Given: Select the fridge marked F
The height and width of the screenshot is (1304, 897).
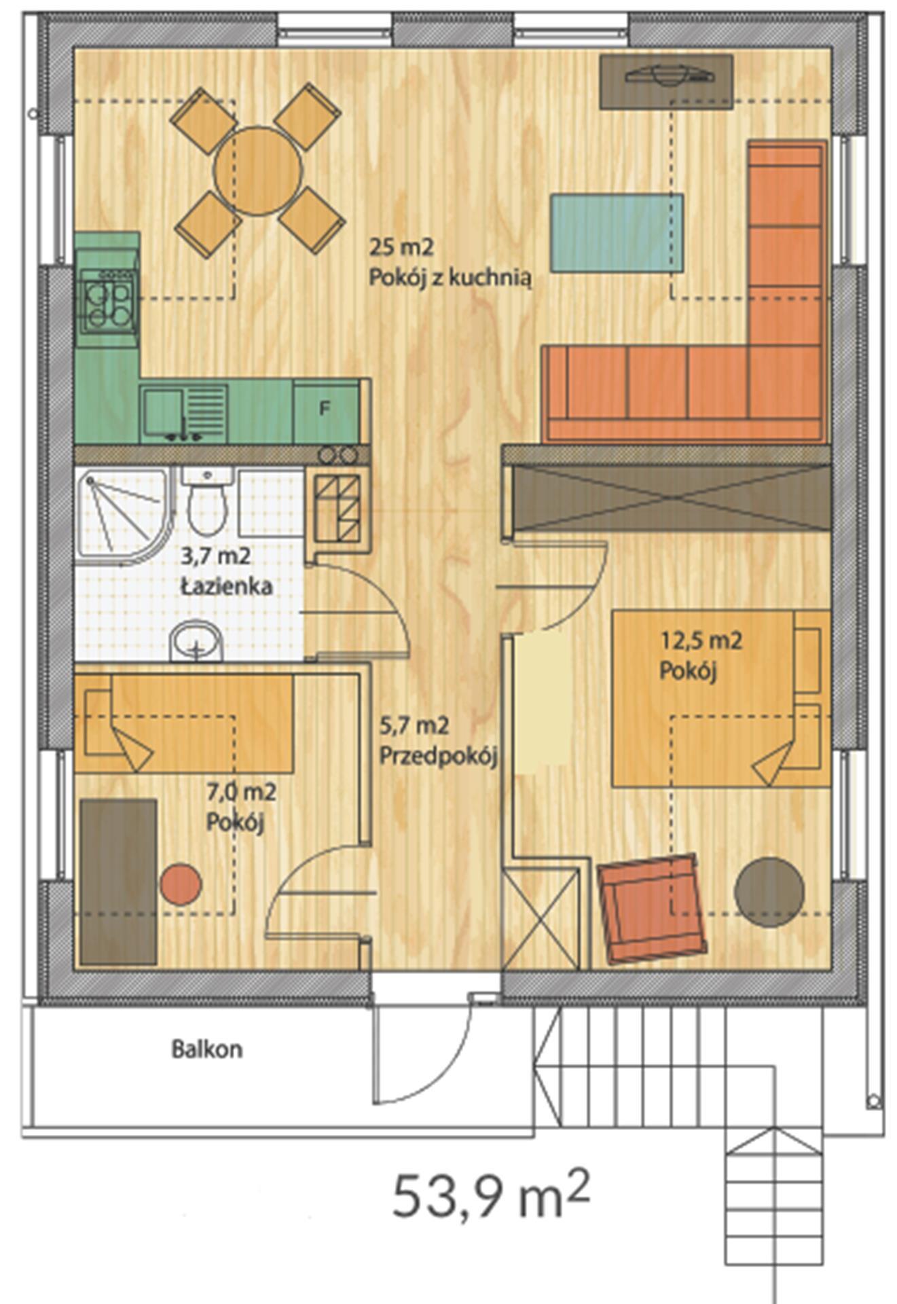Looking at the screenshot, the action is (325, 410).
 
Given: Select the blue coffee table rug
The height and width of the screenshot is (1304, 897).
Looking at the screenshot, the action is (617, 232).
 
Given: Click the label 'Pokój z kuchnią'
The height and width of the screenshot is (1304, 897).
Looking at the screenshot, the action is (450, 278).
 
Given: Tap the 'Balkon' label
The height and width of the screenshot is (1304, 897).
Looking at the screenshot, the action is (206, 1049).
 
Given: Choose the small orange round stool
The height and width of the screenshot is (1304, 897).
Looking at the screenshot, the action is (181, 884).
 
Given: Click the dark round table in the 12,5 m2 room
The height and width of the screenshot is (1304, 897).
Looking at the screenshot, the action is (769, 892).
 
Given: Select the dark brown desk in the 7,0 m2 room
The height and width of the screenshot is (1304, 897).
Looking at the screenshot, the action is (119, 882).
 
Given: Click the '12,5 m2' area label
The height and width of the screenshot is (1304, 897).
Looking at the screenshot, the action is (701, 640).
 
